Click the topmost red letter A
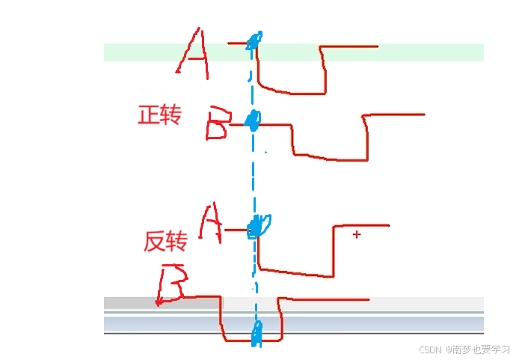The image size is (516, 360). [193, 54]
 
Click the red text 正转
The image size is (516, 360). [159, 115]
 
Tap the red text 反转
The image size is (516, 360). [165, 241]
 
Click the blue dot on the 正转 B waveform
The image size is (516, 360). [254, 120]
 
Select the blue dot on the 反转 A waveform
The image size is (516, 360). [259, 225]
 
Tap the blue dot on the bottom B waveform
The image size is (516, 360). [257, 334]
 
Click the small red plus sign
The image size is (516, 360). [357, 235]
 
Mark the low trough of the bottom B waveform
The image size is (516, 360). [251, 341]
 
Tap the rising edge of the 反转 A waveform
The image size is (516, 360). [333, 251]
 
